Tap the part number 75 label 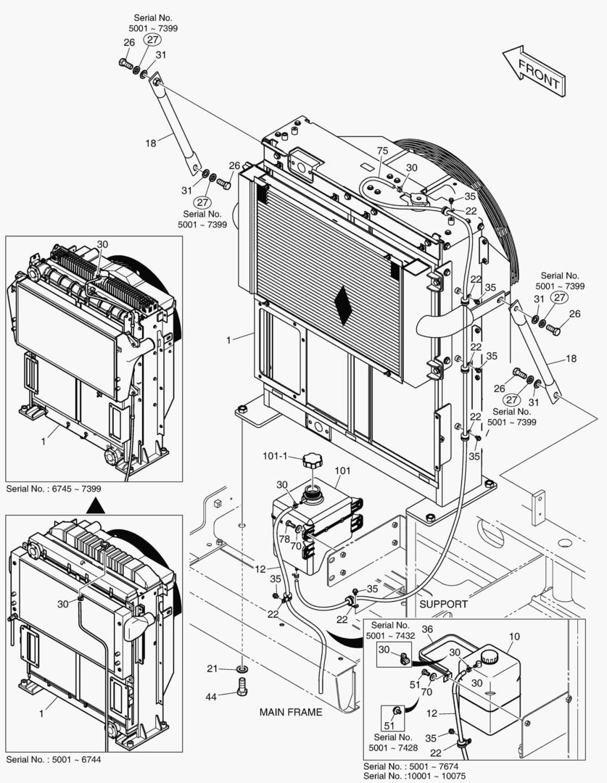pyautogui.click(x=383, y=150)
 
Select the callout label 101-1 pyautogui.click(x=276, y=456)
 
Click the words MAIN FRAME pyautogui.click(x=290, y=712)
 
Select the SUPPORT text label pyautogui.click(x=443, y=603)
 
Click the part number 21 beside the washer pyautogui.click(x=212, y=668)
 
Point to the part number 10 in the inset pyautogui.click(x=513, y=637)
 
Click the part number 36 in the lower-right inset pyautogui.click(x=427, y=629)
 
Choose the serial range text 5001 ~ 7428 pyautogui.click(x=392, y=747)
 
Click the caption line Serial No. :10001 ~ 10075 pyautogui.click(x=414, y=776)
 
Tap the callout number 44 pyautogui.click(x=211, y=696)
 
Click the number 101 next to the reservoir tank pyautogui.click(x=342, y=471)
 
